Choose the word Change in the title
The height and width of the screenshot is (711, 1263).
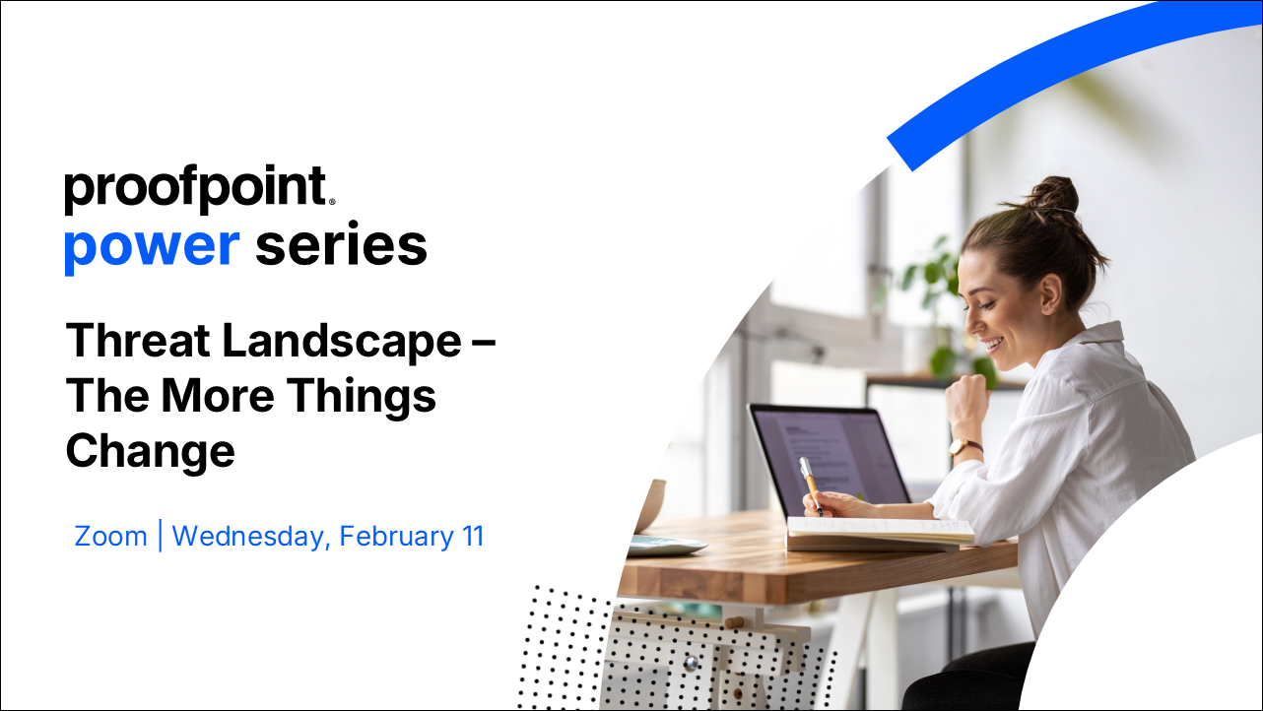coord(151,452)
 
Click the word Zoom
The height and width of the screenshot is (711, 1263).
coord(110,537)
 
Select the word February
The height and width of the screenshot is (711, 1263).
coord(396,537)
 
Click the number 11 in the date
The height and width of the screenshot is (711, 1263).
coord(473,537)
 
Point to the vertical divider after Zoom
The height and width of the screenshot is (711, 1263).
coord(161,536)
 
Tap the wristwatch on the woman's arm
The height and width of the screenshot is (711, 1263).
coord(965,447)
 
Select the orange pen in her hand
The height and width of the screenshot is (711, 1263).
coord(811,485)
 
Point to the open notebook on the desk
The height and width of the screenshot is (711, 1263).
coord(880,533)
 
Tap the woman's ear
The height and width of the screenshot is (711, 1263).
coord(1050,292)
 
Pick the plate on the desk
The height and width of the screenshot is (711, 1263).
coord(667,545)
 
